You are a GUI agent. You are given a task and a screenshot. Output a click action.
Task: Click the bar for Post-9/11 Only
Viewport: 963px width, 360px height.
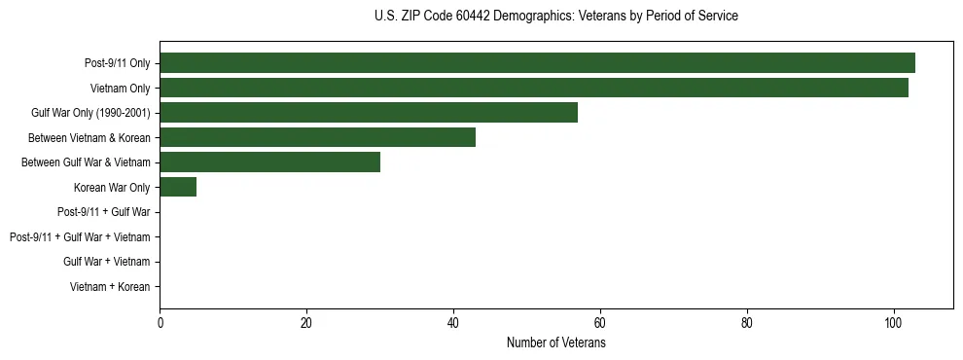point(537,63)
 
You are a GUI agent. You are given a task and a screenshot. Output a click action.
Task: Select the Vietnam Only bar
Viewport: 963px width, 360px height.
point(533,88)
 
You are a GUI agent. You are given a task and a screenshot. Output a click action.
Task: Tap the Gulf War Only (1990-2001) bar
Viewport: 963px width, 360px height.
point(369,113)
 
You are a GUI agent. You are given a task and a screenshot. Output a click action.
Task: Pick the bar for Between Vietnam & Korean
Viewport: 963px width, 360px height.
point(317,137)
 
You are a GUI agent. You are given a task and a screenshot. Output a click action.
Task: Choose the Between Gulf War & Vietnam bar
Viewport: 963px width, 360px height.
point(269,162)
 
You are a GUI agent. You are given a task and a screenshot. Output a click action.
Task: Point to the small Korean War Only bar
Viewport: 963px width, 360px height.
point(178,187)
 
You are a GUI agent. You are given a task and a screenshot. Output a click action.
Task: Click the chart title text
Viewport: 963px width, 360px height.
point(555,17)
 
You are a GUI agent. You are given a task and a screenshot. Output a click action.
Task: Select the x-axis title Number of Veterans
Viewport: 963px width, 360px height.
point(555,343)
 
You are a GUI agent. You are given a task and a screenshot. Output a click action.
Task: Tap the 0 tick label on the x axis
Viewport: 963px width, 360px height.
point(160,324)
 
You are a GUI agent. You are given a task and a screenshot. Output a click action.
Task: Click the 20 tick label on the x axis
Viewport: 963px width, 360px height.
point(306,324)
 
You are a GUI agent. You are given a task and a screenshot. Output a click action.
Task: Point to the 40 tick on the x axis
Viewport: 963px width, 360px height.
point(453,324)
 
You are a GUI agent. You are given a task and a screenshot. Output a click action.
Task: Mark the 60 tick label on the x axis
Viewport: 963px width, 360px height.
point(600,324)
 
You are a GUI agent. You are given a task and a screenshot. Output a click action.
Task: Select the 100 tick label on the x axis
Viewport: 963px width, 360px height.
point(893,324)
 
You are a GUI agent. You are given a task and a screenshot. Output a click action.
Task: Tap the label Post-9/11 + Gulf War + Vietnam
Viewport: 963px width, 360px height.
point(80,237)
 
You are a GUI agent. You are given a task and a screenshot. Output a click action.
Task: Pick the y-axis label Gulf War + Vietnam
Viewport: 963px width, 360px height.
point(106,262)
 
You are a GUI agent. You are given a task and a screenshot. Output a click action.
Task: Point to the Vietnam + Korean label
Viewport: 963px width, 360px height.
point(110,287)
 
